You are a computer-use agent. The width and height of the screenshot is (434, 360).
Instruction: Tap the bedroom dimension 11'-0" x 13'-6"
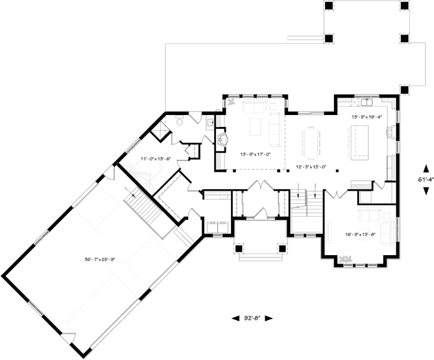pyautogui.click(x=156, y=159)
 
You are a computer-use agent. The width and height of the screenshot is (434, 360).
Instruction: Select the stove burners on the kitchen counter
pyautogui.click(x=390, y=131)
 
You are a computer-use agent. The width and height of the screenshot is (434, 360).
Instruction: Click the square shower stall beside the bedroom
pyautogui.click(x=161, y=129)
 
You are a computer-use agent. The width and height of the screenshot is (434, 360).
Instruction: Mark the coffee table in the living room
pyautogui.click(x=256, y=127)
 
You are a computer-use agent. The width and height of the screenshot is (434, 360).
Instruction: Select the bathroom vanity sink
pyautogui.click(x=209, y=122)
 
